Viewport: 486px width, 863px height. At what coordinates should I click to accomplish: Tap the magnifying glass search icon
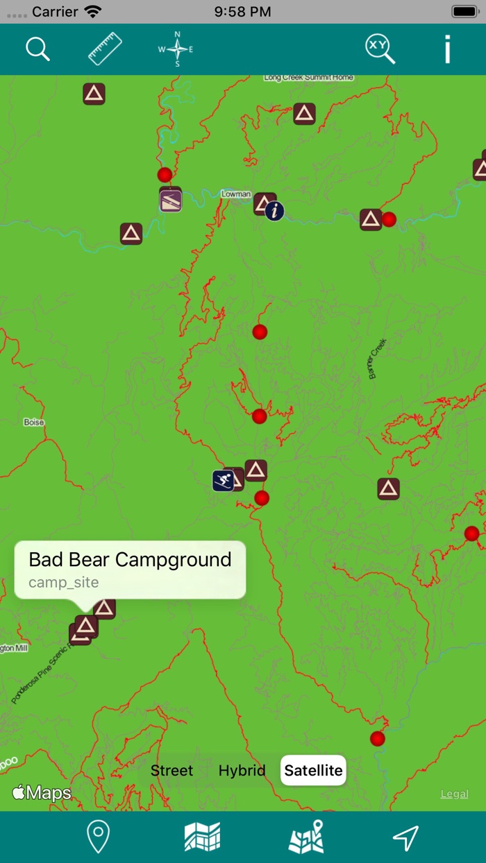[37, 49]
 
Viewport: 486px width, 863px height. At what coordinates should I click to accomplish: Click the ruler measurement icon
[105, 49]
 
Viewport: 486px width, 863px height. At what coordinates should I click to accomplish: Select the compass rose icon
[177, 49]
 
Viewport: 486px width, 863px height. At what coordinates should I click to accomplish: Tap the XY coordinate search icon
[380, 49]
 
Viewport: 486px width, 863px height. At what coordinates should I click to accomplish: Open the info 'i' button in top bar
[447, 49]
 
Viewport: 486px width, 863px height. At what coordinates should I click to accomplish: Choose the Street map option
[171, 771]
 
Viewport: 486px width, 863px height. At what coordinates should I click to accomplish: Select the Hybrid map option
[242, 771]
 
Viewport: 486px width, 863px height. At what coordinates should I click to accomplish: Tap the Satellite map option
[313, 771]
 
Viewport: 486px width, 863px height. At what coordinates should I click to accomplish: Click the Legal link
[454, 794]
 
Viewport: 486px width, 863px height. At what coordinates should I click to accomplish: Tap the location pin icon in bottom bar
[99, 837]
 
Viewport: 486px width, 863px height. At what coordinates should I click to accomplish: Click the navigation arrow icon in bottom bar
[406, 837]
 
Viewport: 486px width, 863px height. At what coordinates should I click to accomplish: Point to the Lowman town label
[235, 194]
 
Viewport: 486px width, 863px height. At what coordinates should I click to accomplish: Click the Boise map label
[33, 422]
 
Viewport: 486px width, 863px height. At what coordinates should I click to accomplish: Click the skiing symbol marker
[223, 481]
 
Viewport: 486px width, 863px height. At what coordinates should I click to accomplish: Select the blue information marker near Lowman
[275, 210]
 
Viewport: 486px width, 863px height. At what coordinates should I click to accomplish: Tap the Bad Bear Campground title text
[130, 560]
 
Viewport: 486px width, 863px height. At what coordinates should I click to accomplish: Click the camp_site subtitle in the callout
[64, 583]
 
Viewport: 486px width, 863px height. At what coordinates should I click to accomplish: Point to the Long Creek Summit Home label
[308, 78]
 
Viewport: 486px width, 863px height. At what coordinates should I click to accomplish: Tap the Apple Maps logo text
[42, 793]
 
